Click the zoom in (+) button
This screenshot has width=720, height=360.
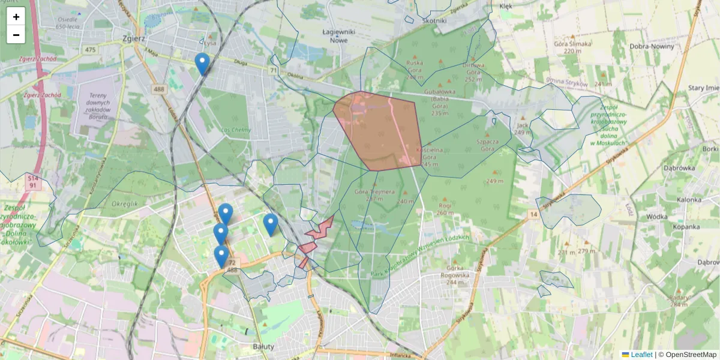pyautogui.click(x=16, y=17)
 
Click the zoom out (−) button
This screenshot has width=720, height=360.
pyautogui.click(x=16, y=35)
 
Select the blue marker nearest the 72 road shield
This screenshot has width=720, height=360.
pyautogui.click(x=221, y=256)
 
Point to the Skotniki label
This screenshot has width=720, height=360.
pyautogui.click(x=435, y=20)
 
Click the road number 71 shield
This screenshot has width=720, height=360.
pyautogui.click(x=274, y=71)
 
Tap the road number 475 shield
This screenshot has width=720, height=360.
pyautogui.click(x=91, y=50)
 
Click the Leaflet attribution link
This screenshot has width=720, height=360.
pyautogui.click(x=641, y=355)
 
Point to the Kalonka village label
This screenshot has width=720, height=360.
pyautogui.click(x=689, y=200)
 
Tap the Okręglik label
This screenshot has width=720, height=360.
pyautogui.click(x=125, y=204)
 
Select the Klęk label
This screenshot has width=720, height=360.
pyautogui.click(x=506, y=6)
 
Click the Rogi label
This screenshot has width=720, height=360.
pyautogui.click(x=445, y=205)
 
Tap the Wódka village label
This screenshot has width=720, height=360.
pyautogui.click(x=658, y=217)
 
